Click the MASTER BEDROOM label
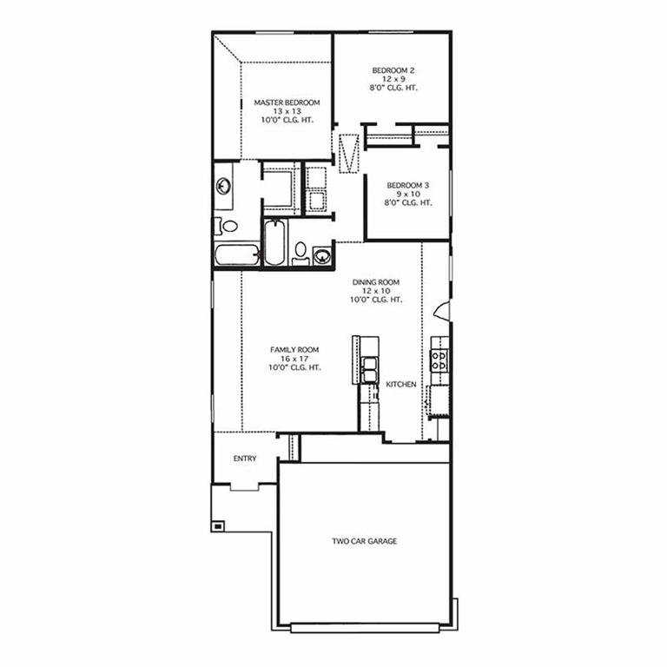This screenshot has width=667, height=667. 287,102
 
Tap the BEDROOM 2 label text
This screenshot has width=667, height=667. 393,70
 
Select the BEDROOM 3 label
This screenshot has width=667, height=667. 408,186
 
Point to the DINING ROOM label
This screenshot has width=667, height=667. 376,282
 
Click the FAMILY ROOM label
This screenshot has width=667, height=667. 294,350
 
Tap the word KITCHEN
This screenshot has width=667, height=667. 401,385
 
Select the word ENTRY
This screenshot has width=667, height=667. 245,459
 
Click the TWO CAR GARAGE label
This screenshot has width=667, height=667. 365,541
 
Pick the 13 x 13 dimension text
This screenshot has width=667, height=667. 287,111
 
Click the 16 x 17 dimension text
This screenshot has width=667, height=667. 294,359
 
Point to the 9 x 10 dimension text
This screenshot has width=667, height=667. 408,194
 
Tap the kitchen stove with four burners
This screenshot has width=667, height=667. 439,360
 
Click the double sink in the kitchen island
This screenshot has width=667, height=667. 369,370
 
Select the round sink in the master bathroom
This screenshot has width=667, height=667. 223,186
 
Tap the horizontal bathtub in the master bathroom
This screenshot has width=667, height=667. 237,254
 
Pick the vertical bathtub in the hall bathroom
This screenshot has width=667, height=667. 274,242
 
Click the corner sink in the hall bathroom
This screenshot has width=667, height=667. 322,256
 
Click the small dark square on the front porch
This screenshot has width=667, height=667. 218,526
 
